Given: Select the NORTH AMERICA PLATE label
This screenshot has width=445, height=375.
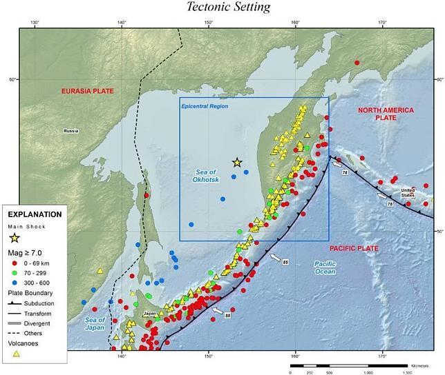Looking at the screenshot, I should (386, 114).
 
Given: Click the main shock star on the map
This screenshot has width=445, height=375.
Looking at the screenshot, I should (237, 163).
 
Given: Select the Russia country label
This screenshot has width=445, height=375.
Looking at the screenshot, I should (71, 131).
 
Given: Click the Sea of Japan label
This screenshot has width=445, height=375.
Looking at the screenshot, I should (94, 323).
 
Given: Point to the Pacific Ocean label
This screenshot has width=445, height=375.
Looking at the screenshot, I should (323, 267).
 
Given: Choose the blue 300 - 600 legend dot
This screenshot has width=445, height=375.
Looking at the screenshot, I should (14, 282).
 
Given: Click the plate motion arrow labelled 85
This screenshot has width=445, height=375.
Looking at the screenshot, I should (276, 258).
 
